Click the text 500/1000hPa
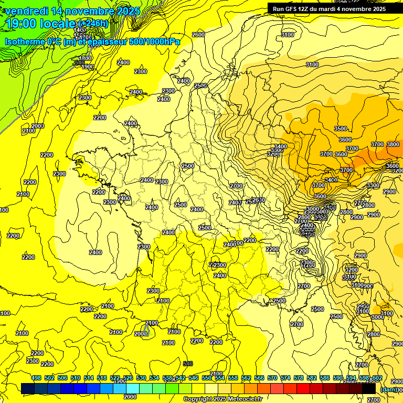[x=154, y=41]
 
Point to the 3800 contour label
[x=393, y=144]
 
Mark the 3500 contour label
[x=341, y=129]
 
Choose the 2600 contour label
[x=198, y=35]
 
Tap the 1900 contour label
[x=88, y=67]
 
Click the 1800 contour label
[x=86, y=58]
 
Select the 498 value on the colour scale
[x=36, y=378]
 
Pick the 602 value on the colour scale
[x=377, y=378]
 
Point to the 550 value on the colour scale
[x=207, y=378]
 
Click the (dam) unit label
[x=389, y=389]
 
